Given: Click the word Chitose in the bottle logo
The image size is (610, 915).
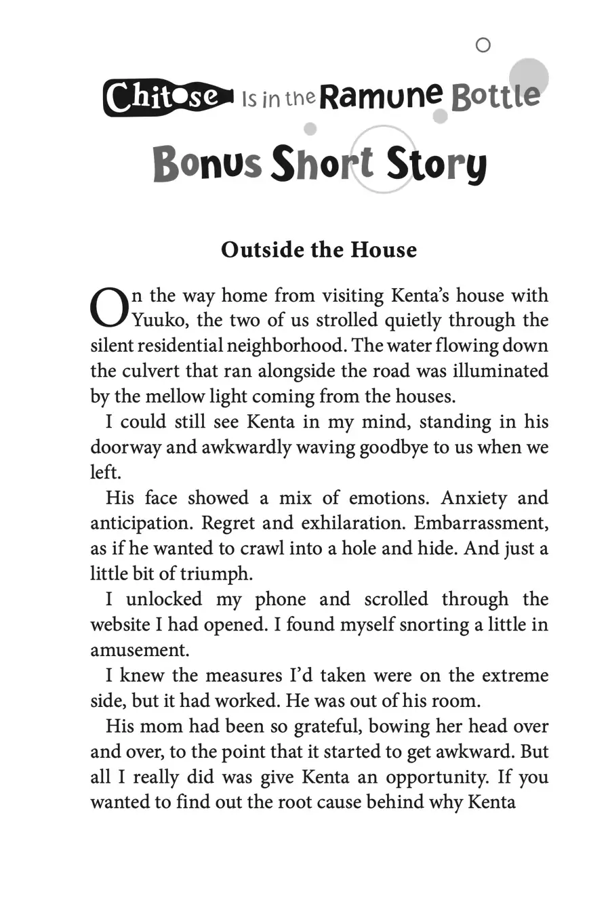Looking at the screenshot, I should (x=163, y=98).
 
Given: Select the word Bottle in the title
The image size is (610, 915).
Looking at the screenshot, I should (x=495, y=97).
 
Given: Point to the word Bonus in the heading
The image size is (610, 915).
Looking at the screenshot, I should (x=207, y=165).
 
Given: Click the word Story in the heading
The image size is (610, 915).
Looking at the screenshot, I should (x=436, y=165).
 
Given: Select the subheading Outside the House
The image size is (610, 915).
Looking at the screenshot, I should (x=319, y=249).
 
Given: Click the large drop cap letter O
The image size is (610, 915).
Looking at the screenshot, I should (x=108, y=307).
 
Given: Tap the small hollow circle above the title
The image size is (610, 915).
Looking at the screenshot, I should (x=483, y=45).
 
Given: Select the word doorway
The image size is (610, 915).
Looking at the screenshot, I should (x=125, y=447).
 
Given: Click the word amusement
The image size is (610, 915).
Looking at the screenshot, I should (x=140, y=650).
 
